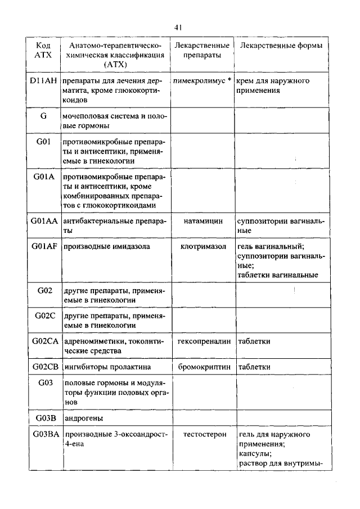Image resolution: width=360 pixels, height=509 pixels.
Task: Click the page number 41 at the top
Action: [x=179, y=27]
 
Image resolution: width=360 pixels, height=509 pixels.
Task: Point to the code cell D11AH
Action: [x=43, y=81]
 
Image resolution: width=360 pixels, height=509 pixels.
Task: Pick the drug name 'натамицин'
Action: [x=203, y=221]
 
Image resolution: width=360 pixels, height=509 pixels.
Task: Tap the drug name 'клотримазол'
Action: [x=203, y=246]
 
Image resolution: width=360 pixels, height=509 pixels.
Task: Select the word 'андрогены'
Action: [x=84, y=418]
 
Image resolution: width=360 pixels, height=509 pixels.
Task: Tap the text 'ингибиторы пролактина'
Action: [x=107, y=367]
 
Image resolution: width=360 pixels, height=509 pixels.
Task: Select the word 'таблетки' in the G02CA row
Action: [x=254, y=341]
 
